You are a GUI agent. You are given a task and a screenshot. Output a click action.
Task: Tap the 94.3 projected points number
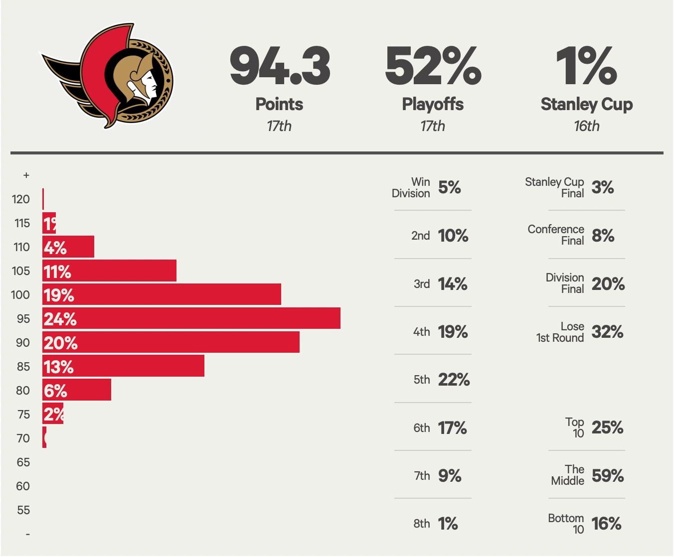280,66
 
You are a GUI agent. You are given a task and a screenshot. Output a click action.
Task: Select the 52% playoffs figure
433,66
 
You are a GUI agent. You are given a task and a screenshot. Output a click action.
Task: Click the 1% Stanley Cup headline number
586,66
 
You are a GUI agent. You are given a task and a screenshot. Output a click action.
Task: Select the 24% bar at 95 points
191,318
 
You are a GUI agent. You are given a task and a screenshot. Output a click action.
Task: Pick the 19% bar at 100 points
162,294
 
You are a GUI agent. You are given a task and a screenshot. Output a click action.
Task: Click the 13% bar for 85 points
123,366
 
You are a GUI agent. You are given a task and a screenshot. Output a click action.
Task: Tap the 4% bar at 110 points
68,247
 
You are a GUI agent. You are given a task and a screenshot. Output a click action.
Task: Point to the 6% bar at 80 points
77,390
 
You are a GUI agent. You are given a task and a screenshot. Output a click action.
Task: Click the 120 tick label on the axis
21,199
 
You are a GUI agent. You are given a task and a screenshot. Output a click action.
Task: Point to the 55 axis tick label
23,510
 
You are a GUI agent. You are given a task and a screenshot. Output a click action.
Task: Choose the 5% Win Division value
449,187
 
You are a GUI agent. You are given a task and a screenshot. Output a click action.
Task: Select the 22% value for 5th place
454,380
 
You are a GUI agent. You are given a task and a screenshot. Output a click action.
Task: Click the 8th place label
421,524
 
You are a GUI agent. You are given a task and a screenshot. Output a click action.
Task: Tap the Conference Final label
556,235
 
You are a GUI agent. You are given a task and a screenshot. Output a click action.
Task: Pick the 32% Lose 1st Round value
607,332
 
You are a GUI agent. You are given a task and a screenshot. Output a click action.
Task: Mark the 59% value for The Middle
608,476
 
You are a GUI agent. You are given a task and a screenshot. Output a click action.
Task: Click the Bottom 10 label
566,524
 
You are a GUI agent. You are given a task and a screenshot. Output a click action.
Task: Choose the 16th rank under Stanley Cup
586,126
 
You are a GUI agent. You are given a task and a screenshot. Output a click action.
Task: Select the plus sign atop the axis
26,175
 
